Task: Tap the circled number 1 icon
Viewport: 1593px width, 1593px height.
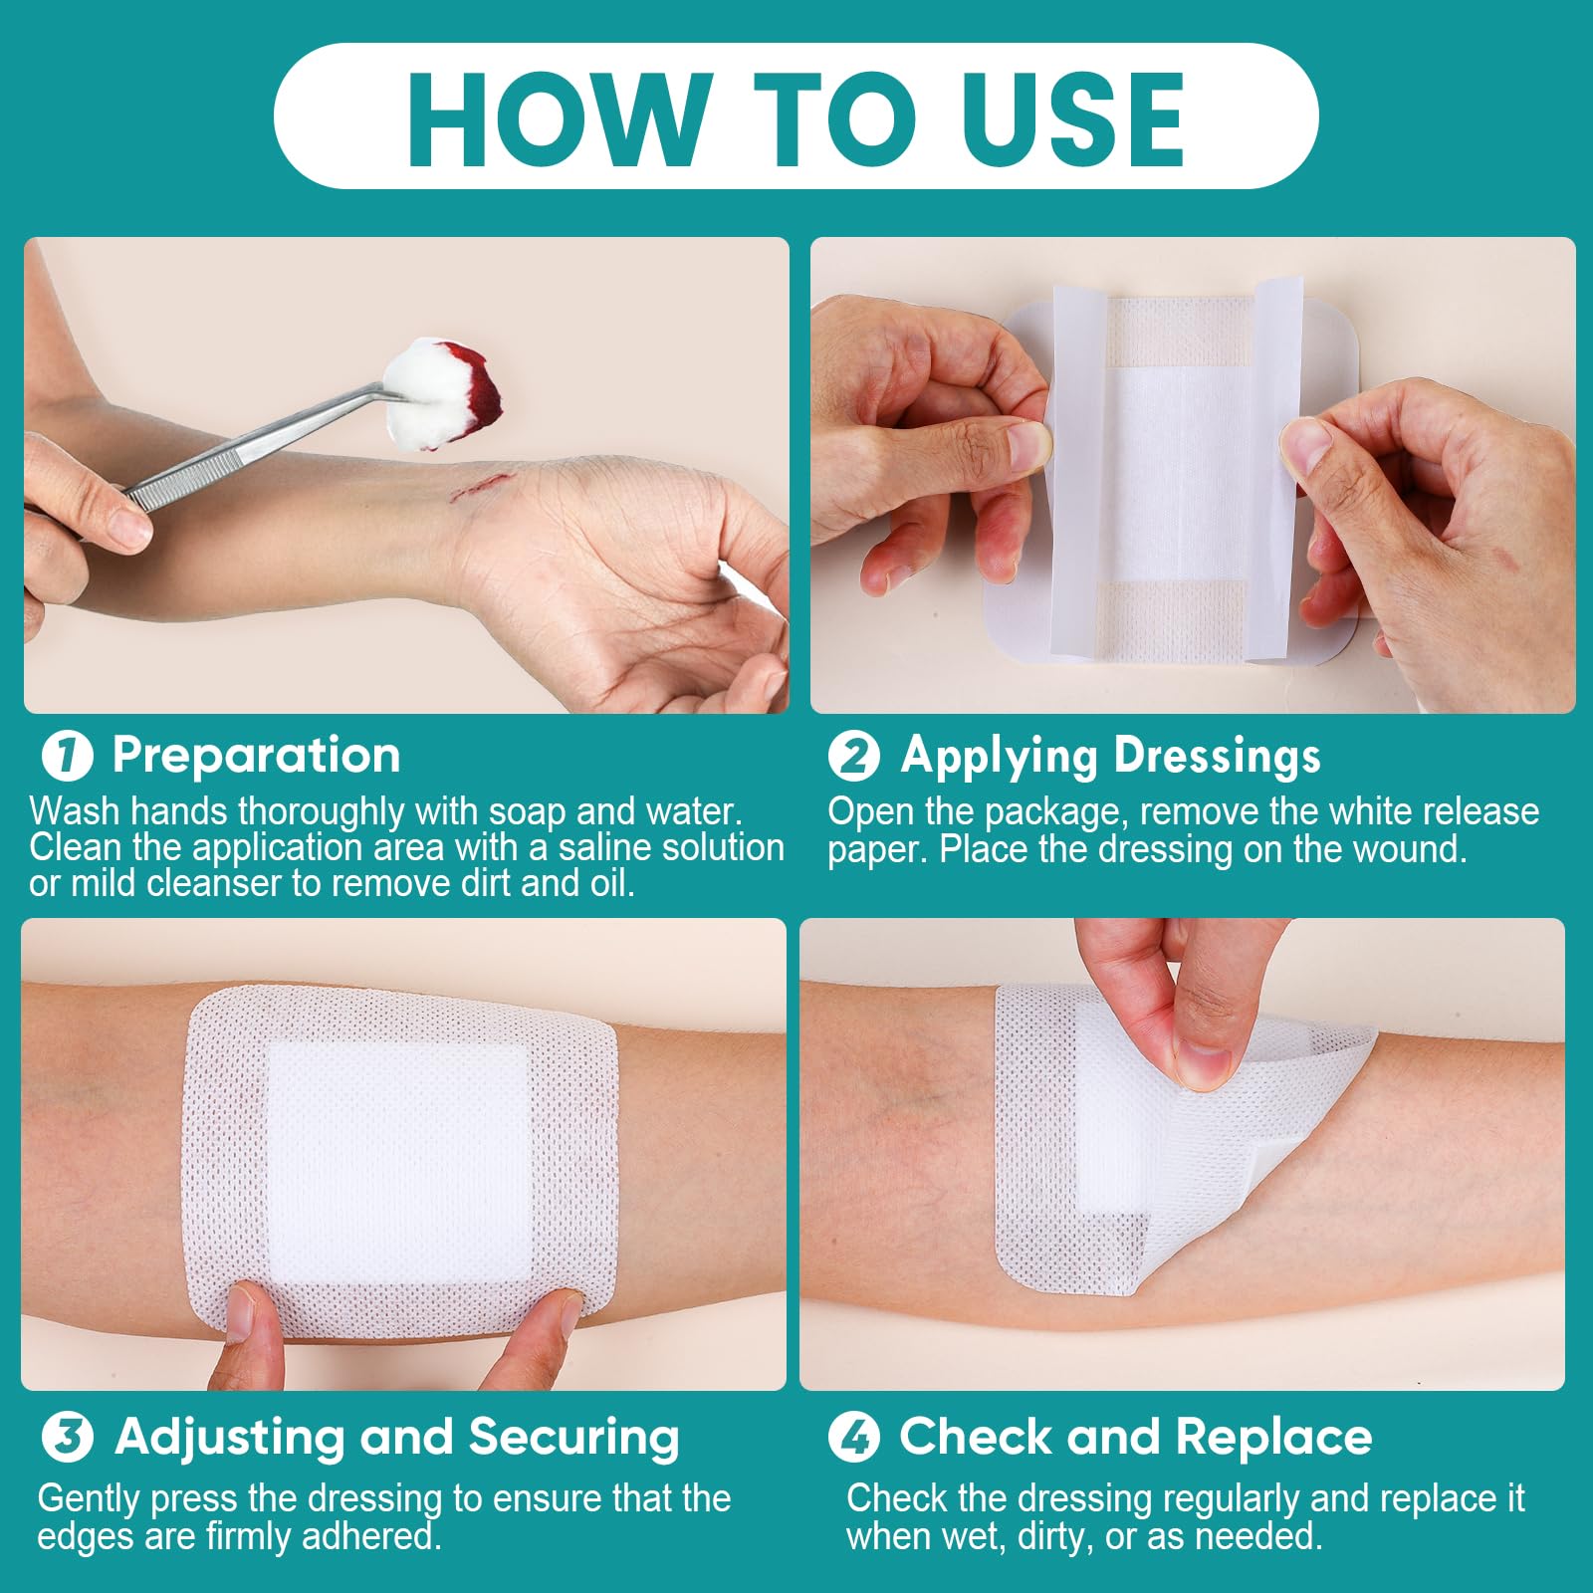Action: pyautogui.click(x=67, y=756)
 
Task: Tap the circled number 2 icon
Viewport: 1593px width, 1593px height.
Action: pyautogui.click(x=853, y=756)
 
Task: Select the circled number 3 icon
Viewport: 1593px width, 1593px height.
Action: pyautogui.click(x=67, y=1438)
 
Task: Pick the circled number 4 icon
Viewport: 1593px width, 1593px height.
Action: pyautogui.click(x=853, y=1438)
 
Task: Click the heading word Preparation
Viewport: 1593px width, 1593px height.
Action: pyautogui.click(x=256, y=756)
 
